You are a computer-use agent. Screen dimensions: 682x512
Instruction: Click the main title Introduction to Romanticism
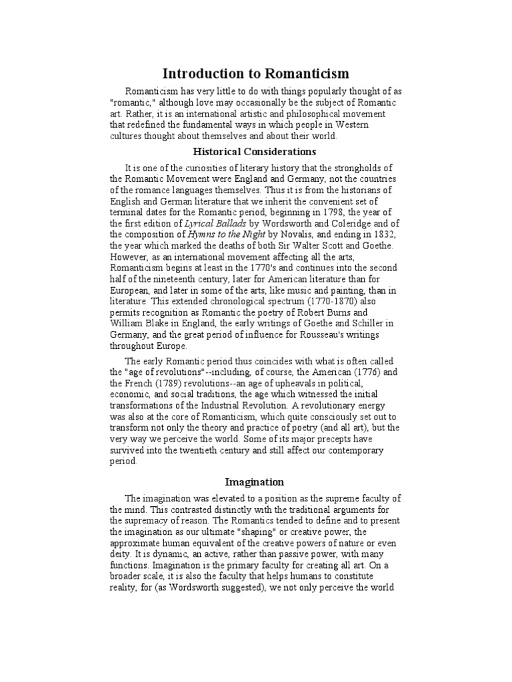(256, 74)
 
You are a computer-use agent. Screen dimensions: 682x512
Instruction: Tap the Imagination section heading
(255, 482)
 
